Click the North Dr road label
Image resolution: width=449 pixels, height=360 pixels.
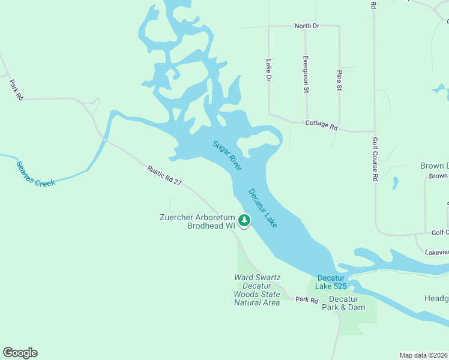(306, 26)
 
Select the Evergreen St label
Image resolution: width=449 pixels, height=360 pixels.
(306, 74)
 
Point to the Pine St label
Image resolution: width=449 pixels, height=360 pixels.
(339, 79)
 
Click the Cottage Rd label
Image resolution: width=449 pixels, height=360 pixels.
(322, 125)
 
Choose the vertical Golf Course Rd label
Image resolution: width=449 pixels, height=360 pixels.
(375, 158)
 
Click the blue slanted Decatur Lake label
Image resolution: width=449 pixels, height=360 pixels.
(263, 208)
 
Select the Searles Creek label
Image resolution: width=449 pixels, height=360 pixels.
(35, 173)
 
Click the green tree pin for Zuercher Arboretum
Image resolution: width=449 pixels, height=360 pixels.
(244, 221)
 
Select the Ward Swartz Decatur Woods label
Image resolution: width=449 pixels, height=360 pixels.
(257, 290)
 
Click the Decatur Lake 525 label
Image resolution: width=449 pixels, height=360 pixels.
(332, 282)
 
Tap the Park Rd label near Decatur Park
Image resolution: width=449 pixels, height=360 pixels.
(306, 299)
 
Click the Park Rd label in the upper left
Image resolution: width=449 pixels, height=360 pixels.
(16, 89)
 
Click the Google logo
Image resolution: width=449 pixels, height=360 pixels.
(20, 353)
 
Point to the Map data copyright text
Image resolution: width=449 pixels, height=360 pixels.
(423, 355)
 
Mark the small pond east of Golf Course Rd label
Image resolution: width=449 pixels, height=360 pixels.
(395, 182)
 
